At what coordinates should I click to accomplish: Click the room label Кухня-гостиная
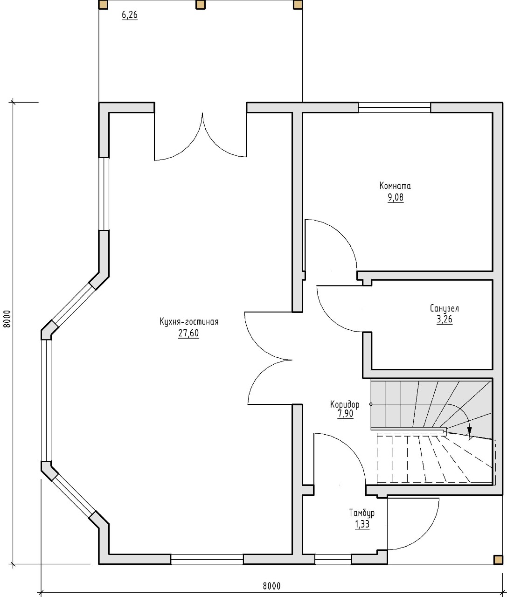point(189,321)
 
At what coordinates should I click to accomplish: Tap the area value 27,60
point(188,333)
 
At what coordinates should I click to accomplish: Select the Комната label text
point(395,186)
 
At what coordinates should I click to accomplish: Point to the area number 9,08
point(396,198)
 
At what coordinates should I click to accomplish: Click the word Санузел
point(444,308)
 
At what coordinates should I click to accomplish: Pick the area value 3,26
point(444,319)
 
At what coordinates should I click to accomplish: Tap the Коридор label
point(345,404)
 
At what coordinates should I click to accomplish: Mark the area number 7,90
point(345,414)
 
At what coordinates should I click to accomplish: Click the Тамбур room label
point(361,513)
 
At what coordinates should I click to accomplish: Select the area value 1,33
point(362,524)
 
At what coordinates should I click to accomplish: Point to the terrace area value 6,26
point(129,15)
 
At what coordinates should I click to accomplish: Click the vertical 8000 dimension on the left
point(7,319)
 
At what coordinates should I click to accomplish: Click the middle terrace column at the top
point(201,5)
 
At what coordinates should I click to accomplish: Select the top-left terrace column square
point(103,5)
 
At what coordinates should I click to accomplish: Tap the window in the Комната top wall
point(394,107)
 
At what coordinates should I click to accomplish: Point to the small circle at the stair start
point(371,404)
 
